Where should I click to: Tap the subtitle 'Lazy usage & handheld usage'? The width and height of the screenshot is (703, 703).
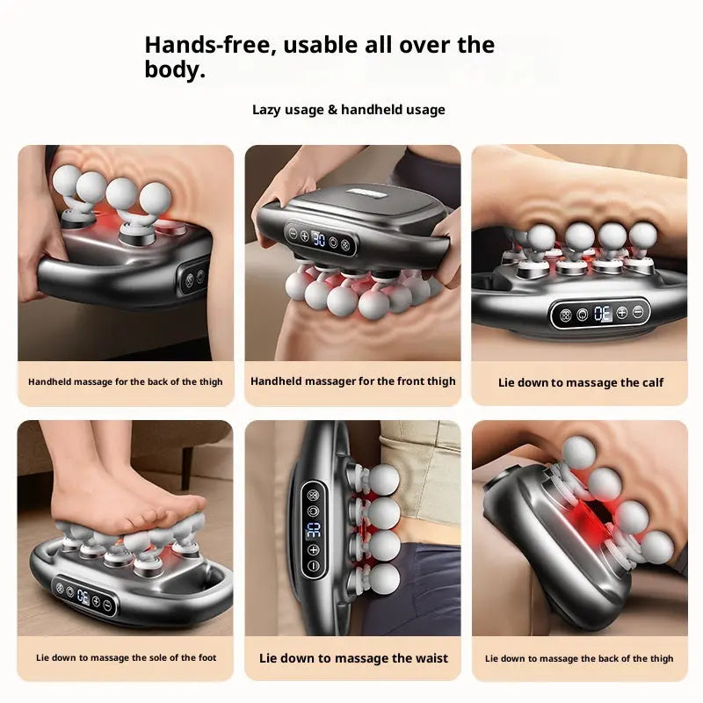click(x=349, y=110)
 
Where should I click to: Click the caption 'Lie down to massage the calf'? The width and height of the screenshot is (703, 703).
click(x=581, y=382)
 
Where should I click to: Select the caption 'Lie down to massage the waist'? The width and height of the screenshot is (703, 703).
click(x=353, y=658)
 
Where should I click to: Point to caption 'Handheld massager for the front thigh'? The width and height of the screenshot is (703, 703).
click(x=353, y=381)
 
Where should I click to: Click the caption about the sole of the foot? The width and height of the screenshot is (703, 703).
click(x=127, y=658)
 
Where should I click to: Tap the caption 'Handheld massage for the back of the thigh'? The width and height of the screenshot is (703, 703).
click(x=126, y=382)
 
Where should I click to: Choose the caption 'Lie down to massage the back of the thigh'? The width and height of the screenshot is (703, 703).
click(x=579, y=658)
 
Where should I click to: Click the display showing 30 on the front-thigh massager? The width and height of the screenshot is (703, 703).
click(x=321, y=238)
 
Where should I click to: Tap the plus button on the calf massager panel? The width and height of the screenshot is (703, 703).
click(x=622, y=312)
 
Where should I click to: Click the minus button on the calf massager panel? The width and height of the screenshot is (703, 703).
click(x=638, y=312)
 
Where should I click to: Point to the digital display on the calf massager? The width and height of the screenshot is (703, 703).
click(x=602, y=312)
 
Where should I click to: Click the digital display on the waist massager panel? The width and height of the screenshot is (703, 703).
click(x=314, y=529)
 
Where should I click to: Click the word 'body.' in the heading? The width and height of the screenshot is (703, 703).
click(x=175, y=70)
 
